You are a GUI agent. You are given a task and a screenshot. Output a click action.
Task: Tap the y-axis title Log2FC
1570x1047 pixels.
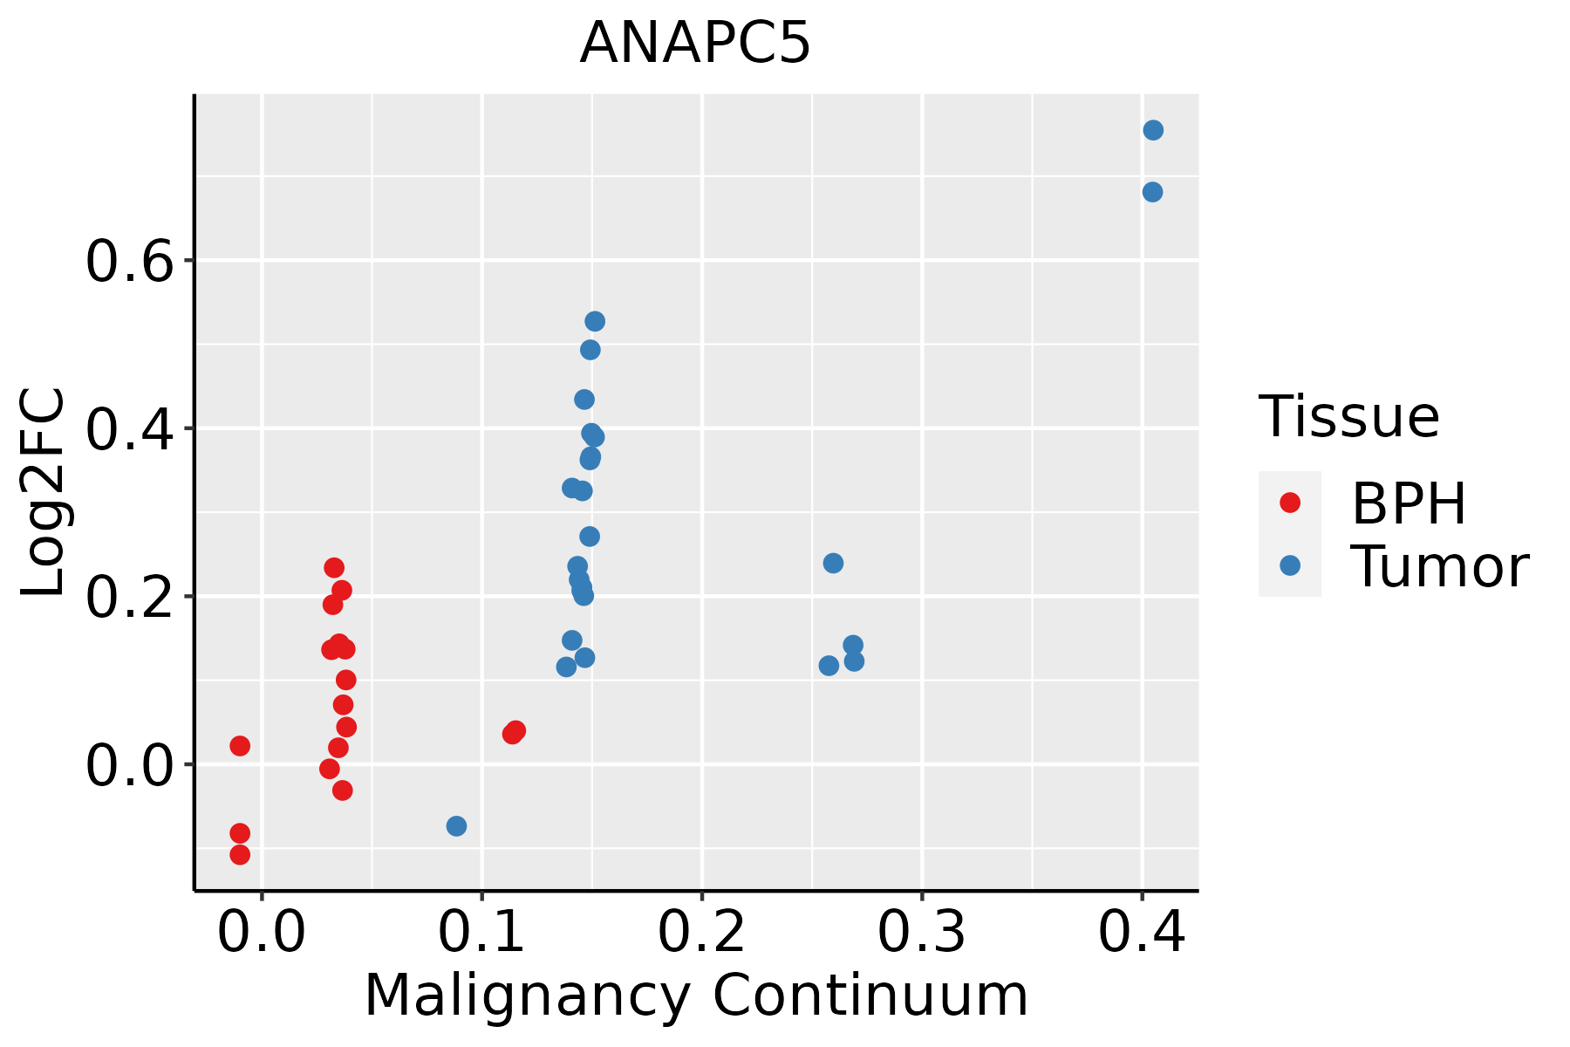(x=44, y=493)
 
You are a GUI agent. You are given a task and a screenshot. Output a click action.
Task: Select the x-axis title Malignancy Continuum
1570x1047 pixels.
(x=695, y=996)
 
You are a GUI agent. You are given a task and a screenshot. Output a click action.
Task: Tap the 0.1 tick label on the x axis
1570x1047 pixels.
(x=481, y=932)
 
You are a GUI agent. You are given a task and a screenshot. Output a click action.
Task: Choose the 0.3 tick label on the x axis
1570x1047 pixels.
(x=921, y=932)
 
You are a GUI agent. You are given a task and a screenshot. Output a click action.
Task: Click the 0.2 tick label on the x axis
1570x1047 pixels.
(x=701, y=932)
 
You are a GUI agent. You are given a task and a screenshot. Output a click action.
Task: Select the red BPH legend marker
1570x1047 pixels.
(x=1289, y=503)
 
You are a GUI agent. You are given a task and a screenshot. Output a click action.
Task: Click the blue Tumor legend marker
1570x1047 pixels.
(x=1289, y=565)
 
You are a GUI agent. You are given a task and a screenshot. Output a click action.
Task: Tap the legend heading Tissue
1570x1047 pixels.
(x=1349, y=417)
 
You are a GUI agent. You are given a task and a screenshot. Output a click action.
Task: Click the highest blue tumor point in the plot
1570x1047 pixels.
(x=1153, y=130)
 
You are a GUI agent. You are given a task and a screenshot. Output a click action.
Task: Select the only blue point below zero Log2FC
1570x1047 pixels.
(x=456, y=825)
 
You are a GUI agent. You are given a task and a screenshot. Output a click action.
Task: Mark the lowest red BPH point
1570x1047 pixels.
(x=240, y=854)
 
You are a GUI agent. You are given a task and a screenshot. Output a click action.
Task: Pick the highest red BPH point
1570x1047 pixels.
(x=334, y=567)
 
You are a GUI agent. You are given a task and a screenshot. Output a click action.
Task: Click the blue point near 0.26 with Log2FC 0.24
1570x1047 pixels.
(x=833, y=563)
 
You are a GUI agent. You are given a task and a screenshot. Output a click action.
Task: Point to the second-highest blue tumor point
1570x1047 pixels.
(x=1152, y=192)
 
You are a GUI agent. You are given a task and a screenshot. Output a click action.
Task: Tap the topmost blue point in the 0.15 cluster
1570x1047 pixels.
(x=595, y=321)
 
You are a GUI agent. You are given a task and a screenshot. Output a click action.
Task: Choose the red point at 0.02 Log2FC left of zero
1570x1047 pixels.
(x=240, y=745)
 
